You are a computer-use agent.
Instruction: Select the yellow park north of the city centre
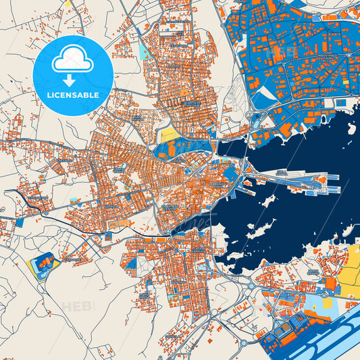coord(170,134)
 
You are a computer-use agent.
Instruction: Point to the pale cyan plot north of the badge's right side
coord(143,50)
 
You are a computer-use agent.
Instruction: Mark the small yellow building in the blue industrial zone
coord(346,82)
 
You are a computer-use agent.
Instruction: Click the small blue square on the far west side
coord(18,222)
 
